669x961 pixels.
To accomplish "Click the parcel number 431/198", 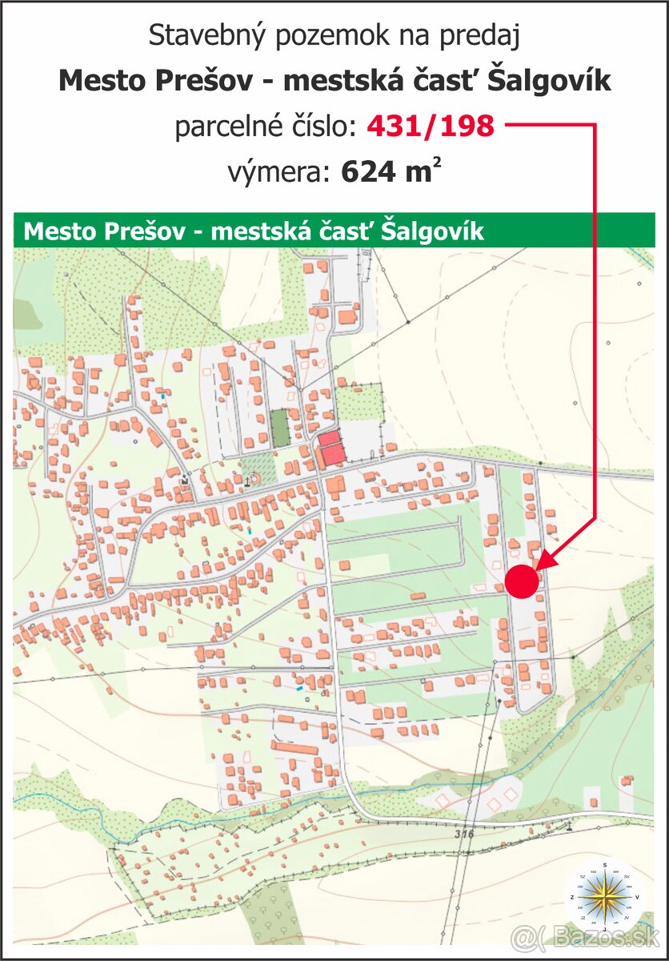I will [431, 126].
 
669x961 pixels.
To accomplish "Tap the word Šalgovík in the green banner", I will [433, 231].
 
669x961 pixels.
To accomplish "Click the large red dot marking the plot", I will [522, 581].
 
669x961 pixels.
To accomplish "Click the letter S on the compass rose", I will [605, 866].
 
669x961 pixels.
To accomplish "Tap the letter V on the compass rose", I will [637, 898].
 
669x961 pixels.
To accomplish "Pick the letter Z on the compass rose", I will [572, 899].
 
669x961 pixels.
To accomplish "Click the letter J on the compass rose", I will [605, 931].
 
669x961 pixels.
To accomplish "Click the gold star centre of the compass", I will [605, 898].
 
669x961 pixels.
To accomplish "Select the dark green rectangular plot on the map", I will [279, 428].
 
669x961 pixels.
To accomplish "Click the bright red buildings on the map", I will [331, 448].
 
